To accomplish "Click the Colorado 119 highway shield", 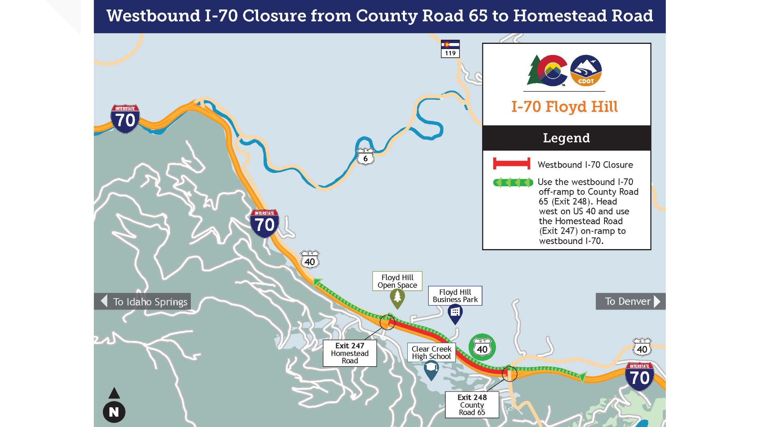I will point(450,49).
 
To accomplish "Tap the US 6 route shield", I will point(365,157).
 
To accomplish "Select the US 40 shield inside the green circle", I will point(482,348).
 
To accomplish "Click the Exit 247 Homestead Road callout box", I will point(350,353).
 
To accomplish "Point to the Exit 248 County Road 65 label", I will point(472,404).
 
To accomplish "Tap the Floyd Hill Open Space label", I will point(397,281).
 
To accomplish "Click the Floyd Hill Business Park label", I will point(455,296).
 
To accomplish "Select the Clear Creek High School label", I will point(431,352).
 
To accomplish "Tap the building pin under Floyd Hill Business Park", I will point(455,313).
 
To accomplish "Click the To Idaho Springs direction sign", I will point(142,301).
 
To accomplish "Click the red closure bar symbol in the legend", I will point(511,164).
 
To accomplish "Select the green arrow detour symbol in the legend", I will point(513,183).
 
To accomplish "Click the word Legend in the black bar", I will point(566,138).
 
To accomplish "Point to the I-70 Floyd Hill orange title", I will point(564,107).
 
